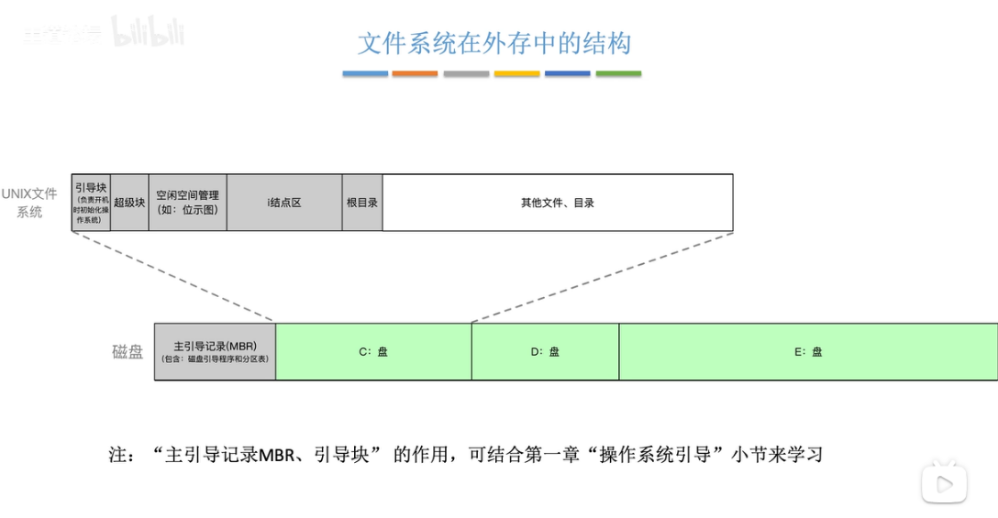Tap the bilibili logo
pyautogui.click(x=148, y=33)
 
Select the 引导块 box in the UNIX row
pyautogui.click(x=91, y=203)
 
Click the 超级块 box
pyautogui.click(x=129, y=203)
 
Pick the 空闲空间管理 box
pyautogui.click(x=187, y=203)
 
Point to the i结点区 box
pyautogui.click(x=284, y=203)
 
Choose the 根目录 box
pyautogui.click(x=362, y=203)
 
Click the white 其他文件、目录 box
pyautogui.click(x=558, y=203)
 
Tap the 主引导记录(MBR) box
pyautogui.click(x=215, y=352)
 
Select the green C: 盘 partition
pyautogui.click(x=373, y=352)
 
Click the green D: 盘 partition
pyautogui.click(x=545, y=352)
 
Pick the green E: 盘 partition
pyautogui.click(x=808, y=352)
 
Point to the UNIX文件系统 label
pyautogui.click(x=29, y=203)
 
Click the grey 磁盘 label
pyautogui.click(x=128, y=352)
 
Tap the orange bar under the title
pyautogui.click(x=415, y=73)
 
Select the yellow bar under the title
pyautogui.click(x=516, y=73)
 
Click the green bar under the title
pyautogui.click(x=618, y=73)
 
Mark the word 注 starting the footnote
pyautogui.click(x=119, y=454)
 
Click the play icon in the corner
pyautogui.click(x=945, y=483)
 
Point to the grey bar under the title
pyautogui.click(x=466, y=73)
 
